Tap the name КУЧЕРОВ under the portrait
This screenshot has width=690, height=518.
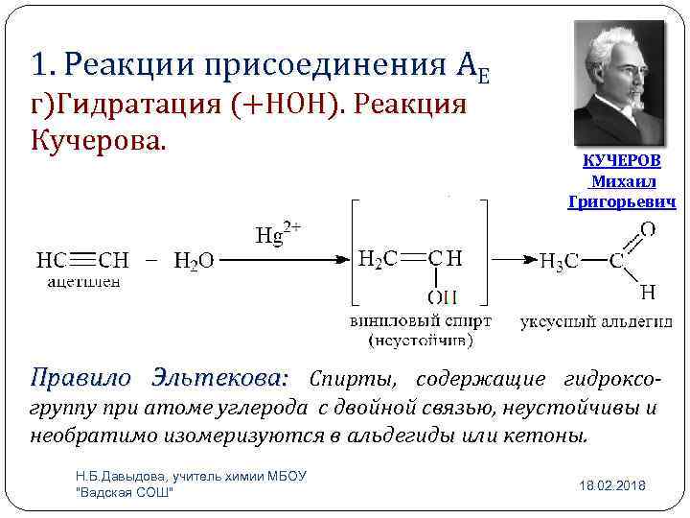tap(622, 160)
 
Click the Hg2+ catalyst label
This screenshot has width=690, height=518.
tap(279, 234)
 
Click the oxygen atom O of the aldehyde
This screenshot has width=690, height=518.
tap(648, 228)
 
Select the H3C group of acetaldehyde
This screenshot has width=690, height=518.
tap(559, 261)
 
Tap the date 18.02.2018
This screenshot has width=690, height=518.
tap(612, 486)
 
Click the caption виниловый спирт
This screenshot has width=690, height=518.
tap(421, 320)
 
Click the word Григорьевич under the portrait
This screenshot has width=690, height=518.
tap(622, 202)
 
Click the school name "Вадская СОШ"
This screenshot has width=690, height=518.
tap(124, 492)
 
